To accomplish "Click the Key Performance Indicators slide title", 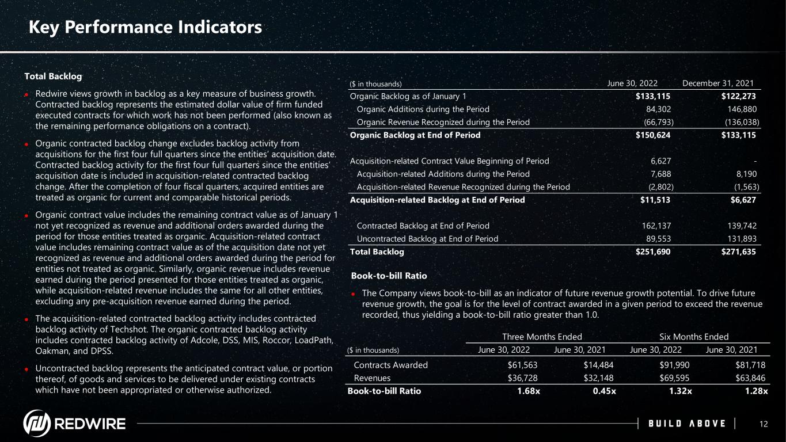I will tap(146, 27).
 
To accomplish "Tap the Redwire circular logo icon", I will tap(36, 424).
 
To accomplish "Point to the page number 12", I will tap(764, 424).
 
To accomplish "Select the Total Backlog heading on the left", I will tap(53, 76).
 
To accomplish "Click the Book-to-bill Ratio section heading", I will tap(389, 276).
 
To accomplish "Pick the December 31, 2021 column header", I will tap(718, 83).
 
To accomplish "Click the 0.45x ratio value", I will tap(605, 391).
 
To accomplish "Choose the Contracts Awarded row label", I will tap(390, 365).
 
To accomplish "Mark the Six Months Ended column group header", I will tap(694, 337).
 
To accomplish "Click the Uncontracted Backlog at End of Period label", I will tap(427, 238).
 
